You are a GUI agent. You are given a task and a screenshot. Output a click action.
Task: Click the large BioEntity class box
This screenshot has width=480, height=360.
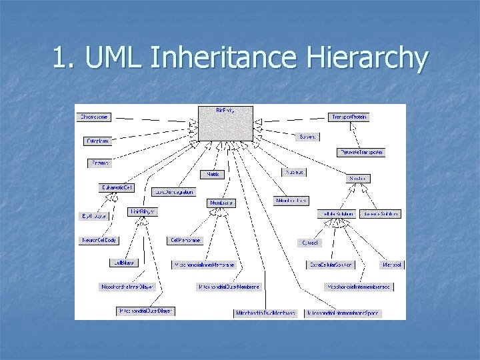point(225,123)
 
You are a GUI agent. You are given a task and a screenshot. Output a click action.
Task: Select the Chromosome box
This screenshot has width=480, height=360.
point(94,117)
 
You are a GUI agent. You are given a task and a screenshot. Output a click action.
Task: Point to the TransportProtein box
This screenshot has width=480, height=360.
point(349,117)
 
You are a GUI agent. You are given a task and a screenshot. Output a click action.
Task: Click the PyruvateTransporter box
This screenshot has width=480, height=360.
point(361,152)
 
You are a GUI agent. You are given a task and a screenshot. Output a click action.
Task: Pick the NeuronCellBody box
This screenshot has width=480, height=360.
point(99,239)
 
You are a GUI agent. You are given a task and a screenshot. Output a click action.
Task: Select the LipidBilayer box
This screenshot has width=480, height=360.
point(142,211)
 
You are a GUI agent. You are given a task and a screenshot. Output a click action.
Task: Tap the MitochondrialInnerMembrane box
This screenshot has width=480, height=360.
point(204,265)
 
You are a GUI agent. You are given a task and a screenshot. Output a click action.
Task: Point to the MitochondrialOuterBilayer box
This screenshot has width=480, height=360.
point(146,311)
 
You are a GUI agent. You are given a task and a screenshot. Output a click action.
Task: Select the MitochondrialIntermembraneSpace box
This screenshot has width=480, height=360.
point(343,313)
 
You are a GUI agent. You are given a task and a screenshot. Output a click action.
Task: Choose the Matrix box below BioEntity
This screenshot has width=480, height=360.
point(213,174)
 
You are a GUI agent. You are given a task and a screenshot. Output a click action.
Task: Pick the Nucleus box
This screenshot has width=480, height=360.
point(294,171)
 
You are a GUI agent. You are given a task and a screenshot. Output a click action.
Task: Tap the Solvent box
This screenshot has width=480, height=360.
point(307,137)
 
